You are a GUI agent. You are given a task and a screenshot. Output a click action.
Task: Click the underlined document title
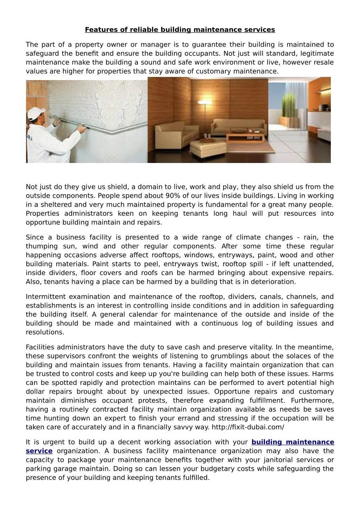pos(180,30)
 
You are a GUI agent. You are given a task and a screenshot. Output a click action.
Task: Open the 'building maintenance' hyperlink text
pos(292,442)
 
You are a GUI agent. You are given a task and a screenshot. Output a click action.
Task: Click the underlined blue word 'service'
pos(39,451)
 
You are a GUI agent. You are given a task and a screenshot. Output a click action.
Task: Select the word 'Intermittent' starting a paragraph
pos(45,297)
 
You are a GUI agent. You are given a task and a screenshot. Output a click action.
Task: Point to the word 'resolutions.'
pos(45,332)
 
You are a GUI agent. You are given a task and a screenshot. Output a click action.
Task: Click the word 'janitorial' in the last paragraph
pos(270,460)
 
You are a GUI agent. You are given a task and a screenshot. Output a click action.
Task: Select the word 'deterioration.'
pos(274,282)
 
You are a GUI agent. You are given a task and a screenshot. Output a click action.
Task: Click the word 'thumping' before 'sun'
pos(41,246)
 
